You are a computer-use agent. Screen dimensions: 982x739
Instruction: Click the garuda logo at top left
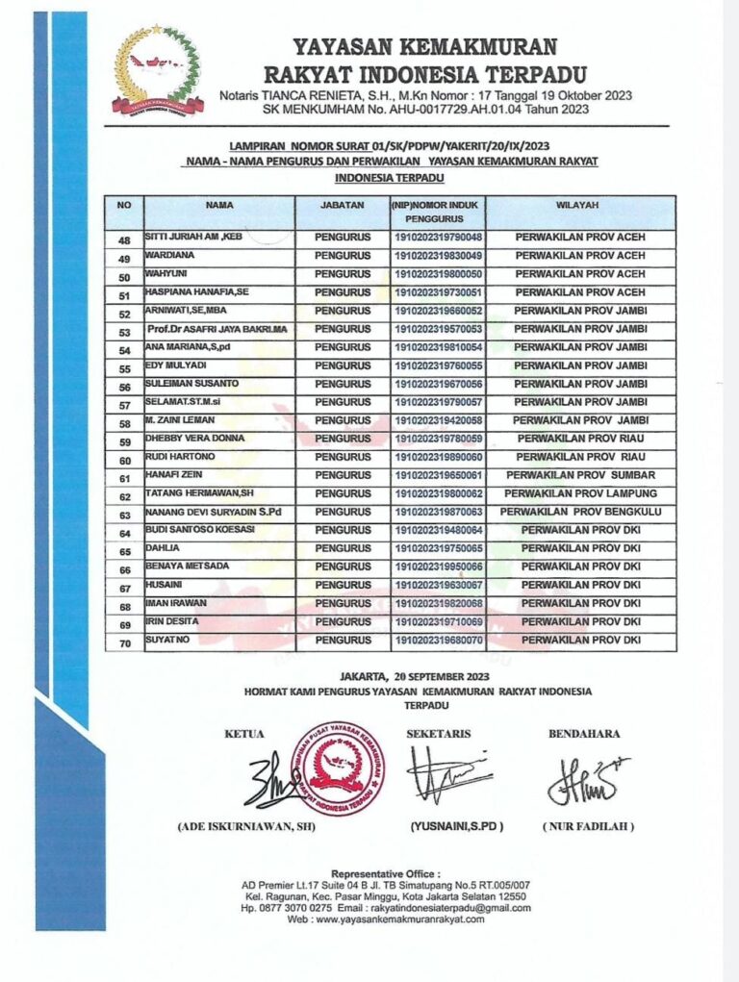click(x=157, y=70)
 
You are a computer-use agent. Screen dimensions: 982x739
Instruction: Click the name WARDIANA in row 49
click(x=169, y=256)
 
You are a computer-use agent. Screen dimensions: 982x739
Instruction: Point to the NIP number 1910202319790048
click(x=437, y=238)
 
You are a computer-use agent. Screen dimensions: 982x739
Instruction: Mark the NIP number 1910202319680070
click(x=437, y=640)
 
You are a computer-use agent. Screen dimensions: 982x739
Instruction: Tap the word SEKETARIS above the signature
click(x=439, y=733)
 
